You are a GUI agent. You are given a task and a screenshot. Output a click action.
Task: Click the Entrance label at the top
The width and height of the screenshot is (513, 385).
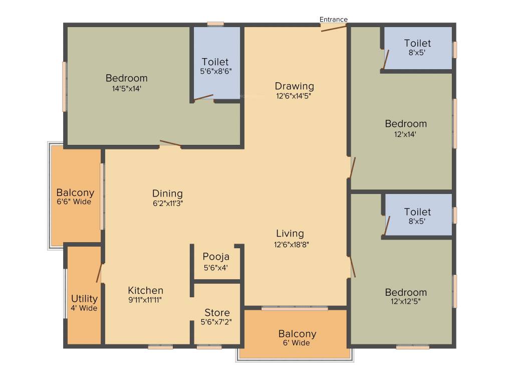[x=334, y=20]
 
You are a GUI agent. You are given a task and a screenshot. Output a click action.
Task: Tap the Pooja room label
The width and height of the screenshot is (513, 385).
[x=216, y=257]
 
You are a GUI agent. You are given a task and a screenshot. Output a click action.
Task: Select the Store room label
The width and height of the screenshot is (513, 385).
[x=217, y=313]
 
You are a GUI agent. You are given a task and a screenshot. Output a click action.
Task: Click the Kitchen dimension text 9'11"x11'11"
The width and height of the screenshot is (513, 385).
[x=145, y=300]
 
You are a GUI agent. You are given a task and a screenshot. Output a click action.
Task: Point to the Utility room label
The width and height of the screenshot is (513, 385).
[x=84, y=299]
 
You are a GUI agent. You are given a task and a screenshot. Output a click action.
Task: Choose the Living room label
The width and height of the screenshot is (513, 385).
[x=290, y=233]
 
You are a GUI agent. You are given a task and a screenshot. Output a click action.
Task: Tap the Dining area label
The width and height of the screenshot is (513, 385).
[x=167, y=194]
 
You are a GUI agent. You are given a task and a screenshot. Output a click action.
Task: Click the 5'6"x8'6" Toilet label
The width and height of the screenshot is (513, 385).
[x=215, y=62]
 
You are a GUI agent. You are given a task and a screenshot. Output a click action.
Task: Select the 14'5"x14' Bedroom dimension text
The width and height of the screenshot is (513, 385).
[x=126, y=88]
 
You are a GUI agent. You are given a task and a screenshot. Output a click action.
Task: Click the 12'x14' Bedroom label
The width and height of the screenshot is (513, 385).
[x=406, y=124]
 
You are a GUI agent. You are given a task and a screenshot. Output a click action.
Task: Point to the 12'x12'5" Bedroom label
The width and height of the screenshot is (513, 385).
[x=406, y=292]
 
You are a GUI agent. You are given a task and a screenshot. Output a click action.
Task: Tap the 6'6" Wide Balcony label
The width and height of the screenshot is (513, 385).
[x=75, y=192]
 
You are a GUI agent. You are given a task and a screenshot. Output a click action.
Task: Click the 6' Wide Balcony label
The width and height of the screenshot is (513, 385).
[x=297, y=334]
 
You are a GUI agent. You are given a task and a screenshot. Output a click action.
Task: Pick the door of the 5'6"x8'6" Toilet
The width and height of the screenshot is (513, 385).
[x=203, y=97]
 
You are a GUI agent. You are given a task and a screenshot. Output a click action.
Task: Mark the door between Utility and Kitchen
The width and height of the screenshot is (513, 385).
[x=99, y=273]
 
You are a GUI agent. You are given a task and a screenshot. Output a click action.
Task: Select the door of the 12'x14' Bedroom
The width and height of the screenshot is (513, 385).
[x=353, y=167]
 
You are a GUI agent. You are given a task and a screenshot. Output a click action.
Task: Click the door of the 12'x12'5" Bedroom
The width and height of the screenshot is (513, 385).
[x=353, y=266]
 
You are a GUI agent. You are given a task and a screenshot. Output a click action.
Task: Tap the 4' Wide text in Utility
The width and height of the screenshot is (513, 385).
[x=84, y=308]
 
